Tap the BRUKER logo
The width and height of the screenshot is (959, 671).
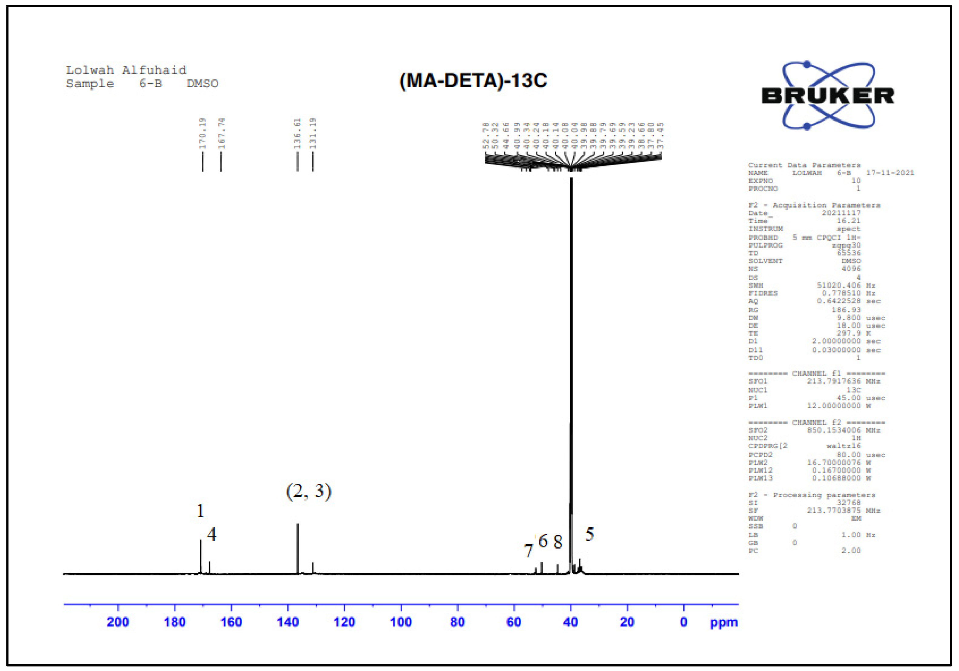(x=827, y=95)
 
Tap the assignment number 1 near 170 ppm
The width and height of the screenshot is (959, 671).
(x=200, y=511)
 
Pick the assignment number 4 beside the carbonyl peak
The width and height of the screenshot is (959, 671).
(x=212, y=534)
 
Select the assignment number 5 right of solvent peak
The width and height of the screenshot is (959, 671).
(x=589, y=534)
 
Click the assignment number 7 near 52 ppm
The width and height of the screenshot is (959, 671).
(x=528, y=551)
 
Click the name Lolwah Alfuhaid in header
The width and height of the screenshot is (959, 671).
(x=126, y=70)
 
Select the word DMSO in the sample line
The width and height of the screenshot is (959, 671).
(x=203, y=84)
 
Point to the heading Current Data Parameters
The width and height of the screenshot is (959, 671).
(x=804, y=165)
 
